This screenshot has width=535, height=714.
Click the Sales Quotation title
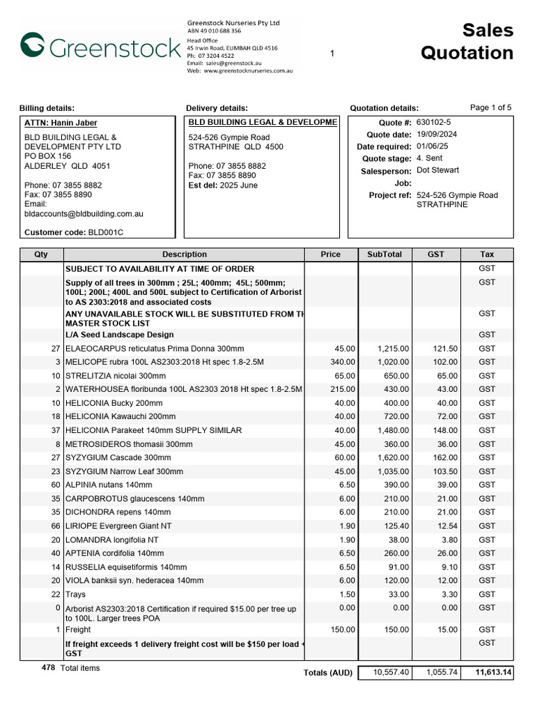point(467,42)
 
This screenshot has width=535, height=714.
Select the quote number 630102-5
point(433,122)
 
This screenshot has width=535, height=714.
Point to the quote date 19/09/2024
point(437,135)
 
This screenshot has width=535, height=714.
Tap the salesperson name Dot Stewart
point(437,170)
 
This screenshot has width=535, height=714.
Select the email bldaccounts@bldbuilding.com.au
point(84,214)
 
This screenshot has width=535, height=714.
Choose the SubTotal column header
point(385,255)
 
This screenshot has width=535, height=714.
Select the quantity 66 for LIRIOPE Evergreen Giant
point(55,526)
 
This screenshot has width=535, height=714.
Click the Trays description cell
point(76,594)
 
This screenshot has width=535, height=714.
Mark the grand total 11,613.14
point(493,673)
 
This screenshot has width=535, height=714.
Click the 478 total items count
point(48,668)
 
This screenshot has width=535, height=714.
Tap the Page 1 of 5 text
point(490,107)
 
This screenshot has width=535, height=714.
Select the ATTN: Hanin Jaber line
point(61,123)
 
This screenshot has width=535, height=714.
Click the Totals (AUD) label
point(327,673)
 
